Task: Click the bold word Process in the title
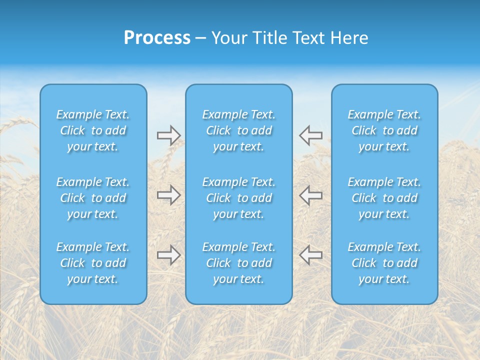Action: pos(157,38)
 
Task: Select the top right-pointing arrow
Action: pos(169,135)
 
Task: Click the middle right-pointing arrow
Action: pos(169,195)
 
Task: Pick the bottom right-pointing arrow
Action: pos(169,255)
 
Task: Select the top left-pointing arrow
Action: pos(311,135)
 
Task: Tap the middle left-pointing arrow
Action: pos(311,195)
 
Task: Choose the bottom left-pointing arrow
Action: pos(311,255)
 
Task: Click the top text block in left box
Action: pos(93,130)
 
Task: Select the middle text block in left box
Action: pos(93,198)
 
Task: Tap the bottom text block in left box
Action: pos(93,263)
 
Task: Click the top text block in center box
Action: pos(239,130)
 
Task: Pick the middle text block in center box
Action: pos(239,198)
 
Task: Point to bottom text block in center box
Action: pos(239,263)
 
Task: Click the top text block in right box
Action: pos(384,130)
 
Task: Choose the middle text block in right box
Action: pos(384,198)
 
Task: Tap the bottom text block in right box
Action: pos(384,263)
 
